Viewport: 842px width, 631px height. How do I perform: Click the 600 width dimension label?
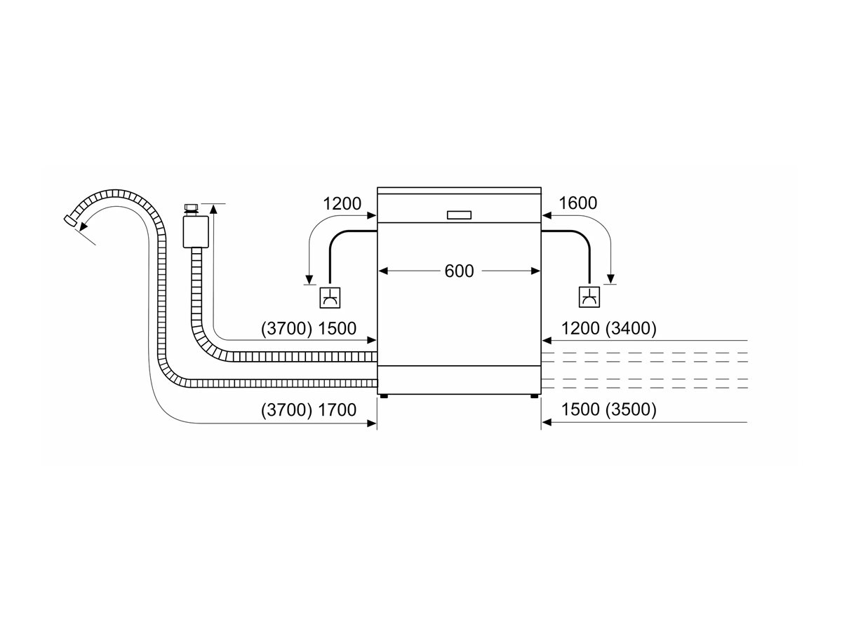pyautogui.click(x=459, y=271)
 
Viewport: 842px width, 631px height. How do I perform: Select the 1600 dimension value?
pyautogui.click(x=577, y=203)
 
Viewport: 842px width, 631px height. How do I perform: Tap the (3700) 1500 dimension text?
pyautogui.click(x=309, y=329)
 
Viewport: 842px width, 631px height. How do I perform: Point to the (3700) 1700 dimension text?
pyautogui.click(x=309, y=410)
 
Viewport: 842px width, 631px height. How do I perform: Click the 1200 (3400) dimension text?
pyautogui.click(x=609, y=329)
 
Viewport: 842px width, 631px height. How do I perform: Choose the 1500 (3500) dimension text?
pyautogui.click(x=609, y=409)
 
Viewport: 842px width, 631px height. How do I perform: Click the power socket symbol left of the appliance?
pyautogui.click(x=330, y=298)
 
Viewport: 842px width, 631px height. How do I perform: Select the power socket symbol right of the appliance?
pyautogui.click(x=589, y=297)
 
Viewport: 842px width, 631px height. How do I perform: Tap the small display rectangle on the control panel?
pyautogui.click(x=459, y=215)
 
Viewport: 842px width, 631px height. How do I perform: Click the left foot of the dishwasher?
pyautogui.click(x=383, y=396)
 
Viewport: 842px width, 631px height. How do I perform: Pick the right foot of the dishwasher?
pyautogui.click(x=535, y=396)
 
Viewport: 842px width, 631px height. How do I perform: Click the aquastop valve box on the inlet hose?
pyautogui.click(x=196, y=232)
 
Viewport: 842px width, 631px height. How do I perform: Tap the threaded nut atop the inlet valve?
pyautogui.click(x=192, y=208)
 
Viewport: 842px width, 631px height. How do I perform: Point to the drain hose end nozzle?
pyautogui.click(x=69, y=221)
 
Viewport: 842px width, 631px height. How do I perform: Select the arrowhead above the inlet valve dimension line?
pyautogui.click(x=213, y=209)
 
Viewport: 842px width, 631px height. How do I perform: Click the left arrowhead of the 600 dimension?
pyautogui.click(x=383, y=271)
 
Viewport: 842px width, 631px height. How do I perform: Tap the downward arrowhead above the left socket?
pyautogui.click(x=309, y=280)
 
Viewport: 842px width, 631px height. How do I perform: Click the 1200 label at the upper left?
pyautogui.click(x=342, y=204)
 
